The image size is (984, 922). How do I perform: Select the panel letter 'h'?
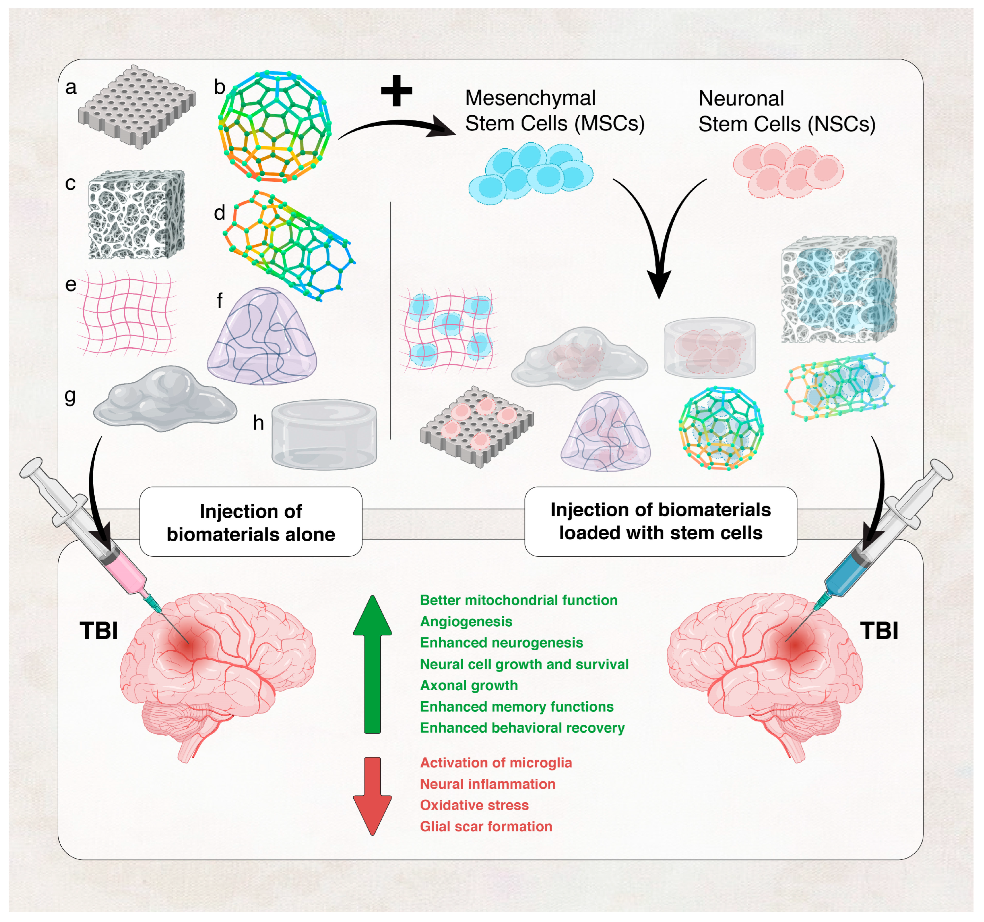click(x=258, y=423)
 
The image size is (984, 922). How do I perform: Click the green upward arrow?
click(x=372, y=664)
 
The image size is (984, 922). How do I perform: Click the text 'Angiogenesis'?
click(x=466, y=621)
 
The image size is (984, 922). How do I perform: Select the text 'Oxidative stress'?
click(x=474, y=805)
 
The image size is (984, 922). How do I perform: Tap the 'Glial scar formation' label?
click(x=486, y=826)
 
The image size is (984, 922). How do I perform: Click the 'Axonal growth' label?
click(x=469, y=685)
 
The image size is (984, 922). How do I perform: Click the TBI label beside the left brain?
click(x=99, y=631)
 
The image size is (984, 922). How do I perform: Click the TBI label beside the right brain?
click(x=879, y=631)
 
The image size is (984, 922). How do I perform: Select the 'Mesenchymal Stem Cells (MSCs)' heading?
click(x=554, y=110)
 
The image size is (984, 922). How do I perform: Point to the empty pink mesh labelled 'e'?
click(x=128, y=313)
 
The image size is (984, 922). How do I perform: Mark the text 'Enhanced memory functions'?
click(x=517, y=707)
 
